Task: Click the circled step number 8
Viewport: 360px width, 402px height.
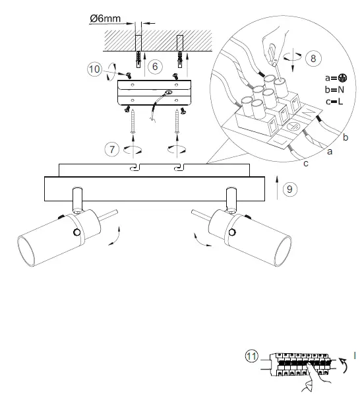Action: [313, 57]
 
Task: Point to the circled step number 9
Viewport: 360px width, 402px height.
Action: [291, 189]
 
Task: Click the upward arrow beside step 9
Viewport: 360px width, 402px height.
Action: [276, 188]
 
